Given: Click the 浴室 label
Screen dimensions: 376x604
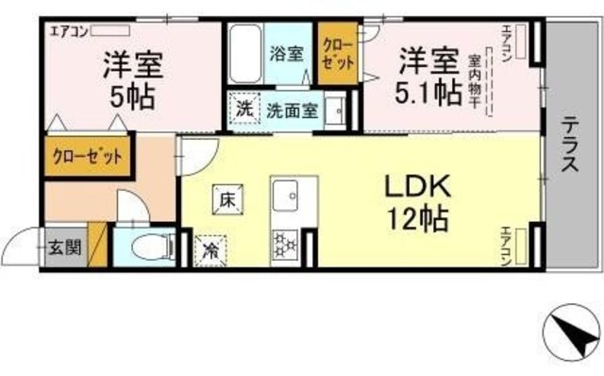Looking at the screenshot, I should (288, 53).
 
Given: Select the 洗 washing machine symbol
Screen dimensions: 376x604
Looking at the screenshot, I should (244, 109).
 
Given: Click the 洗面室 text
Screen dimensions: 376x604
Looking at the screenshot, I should (292, 109).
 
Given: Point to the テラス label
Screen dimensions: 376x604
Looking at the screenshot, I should (572, 145).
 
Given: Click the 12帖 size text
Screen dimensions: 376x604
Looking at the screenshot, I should (415, 221).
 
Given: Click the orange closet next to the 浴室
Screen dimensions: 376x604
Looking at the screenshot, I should (338, 53).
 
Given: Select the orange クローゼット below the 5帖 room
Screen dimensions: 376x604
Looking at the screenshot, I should (86, 156).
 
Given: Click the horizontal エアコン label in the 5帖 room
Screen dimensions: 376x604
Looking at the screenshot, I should (62, 29).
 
